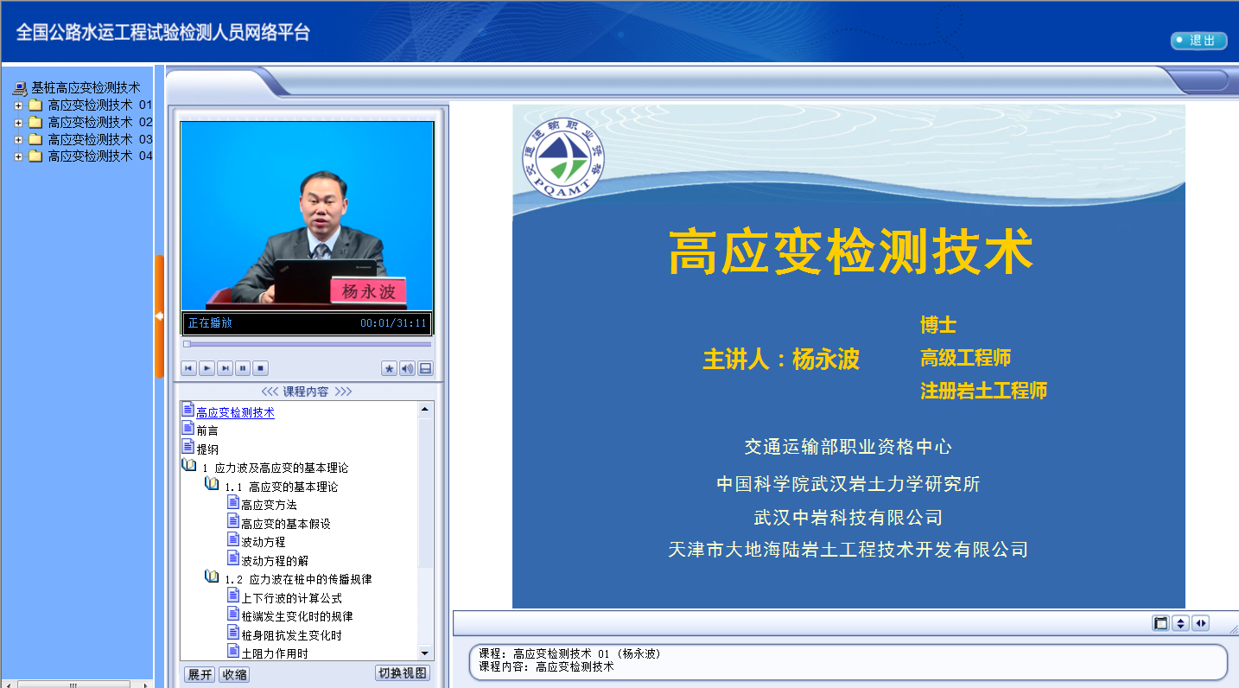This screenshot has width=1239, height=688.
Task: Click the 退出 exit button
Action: pos(1198,41)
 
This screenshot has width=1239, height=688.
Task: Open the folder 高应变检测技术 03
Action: pos(99,139)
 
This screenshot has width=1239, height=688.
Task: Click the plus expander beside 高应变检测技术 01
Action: pos(18,105)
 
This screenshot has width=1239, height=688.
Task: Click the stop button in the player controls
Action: pos(261,368)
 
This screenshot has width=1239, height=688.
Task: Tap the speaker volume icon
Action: pos(407,368)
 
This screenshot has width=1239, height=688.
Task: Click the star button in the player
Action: pos(389,368)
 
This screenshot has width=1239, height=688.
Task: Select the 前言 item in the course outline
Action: pos(206,430)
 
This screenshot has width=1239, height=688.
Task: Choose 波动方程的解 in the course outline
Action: pos(275,561)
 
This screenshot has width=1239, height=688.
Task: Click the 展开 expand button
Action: pos(199,674)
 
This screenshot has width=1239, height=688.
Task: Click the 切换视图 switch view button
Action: pos(402,673)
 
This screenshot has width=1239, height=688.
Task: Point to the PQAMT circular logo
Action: pos(563,158)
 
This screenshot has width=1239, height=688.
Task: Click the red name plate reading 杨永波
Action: pos(368,291)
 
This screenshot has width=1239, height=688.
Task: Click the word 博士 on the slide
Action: pos(938,324)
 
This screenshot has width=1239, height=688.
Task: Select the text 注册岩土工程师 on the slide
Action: pos(983,391)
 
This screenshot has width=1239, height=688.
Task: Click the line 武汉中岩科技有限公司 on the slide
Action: pos(848,518)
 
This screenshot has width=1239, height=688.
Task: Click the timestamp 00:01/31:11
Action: pos(393,322)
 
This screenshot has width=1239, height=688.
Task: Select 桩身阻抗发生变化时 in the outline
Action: pos(291,635)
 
